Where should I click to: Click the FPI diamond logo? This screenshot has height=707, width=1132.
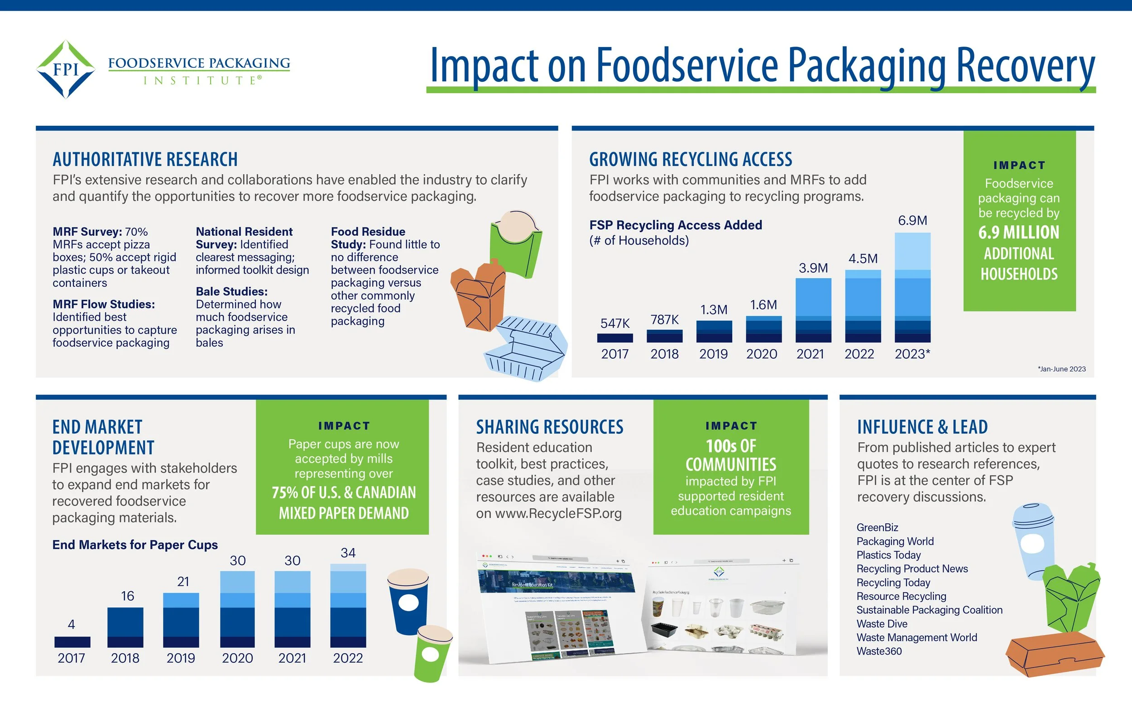[x=66, y=69]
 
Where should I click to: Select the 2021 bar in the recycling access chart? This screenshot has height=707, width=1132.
[x=813, y=310]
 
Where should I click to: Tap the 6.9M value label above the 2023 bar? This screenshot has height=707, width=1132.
[x=912, y=221]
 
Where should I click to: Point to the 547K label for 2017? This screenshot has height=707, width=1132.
[x=615, y=323]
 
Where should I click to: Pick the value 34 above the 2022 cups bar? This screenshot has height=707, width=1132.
[x=348, y=553]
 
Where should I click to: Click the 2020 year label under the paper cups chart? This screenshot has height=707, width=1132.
[x=237, y=658]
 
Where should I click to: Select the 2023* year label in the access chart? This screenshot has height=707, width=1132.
[x=912, y=354]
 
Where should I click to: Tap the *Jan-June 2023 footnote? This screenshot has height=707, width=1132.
[x=1061, y=369]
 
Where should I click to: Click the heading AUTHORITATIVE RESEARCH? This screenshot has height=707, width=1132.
[x=145, y=160]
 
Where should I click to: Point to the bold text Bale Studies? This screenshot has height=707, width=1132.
[x=232, y=291]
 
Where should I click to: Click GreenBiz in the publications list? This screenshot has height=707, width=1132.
[x=877, y=527]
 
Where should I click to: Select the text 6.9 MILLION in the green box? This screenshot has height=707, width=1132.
[x=1019, y=233]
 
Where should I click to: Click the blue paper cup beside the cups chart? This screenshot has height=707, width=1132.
[x=408, y=601]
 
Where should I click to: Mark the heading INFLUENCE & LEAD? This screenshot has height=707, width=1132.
[x=922, y=427]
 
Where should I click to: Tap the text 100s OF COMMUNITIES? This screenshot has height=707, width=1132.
[x=730, y=455]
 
